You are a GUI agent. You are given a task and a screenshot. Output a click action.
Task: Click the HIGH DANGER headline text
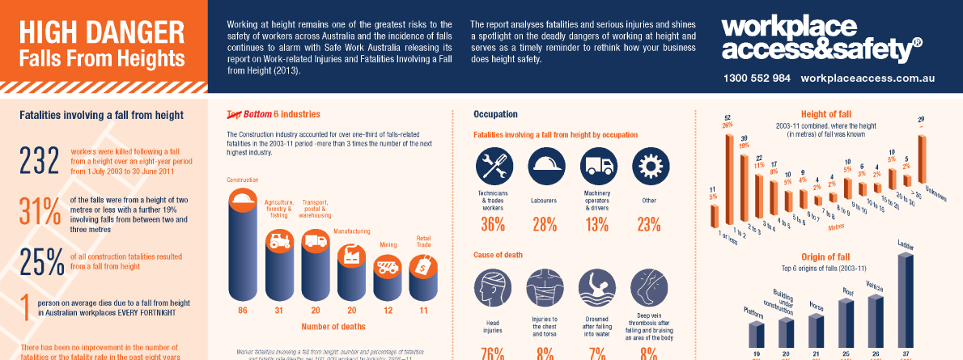click(x=100, y=32)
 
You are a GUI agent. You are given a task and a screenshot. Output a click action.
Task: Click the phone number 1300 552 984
click(x=757, y=78)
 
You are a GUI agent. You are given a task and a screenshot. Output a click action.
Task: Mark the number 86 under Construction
click(x=242, y=311)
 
